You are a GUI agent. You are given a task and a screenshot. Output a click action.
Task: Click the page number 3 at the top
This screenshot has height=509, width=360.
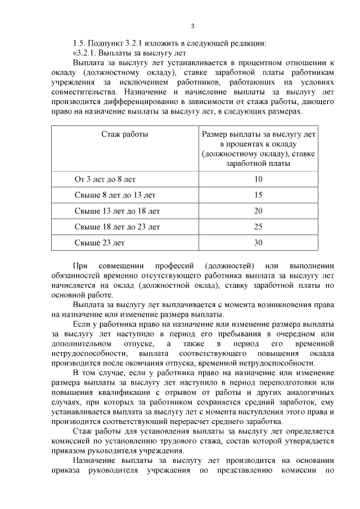tap(193, 26)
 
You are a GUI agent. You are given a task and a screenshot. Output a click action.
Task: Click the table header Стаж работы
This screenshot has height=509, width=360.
tap(124, 134)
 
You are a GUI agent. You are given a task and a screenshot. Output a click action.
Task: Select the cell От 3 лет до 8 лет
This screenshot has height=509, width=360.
tap(105, 179)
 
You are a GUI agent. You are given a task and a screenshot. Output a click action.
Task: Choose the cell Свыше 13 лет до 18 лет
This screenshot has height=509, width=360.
tap(117, 211)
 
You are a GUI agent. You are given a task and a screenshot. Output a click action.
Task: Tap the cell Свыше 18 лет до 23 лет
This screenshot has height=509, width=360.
tap(117, 227)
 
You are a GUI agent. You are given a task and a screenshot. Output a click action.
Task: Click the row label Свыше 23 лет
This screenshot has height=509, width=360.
tap(100, 243)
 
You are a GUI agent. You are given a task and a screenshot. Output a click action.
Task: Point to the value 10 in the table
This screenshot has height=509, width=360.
tap(258, 179)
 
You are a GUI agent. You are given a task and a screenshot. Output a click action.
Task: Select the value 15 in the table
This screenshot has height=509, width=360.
tap(258, 195)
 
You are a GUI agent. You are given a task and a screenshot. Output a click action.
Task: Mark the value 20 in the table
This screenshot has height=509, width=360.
tap(258, 211)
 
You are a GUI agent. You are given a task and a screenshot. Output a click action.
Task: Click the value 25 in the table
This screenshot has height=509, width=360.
tap(258, 227)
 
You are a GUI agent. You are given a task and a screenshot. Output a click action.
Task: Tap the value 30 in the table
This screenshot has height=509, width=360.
tap(258, 243)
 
